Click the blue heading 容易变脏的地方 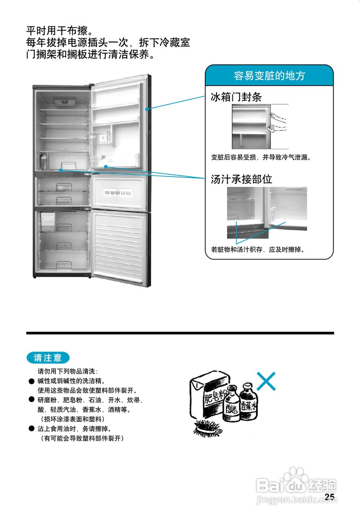coord(269,76)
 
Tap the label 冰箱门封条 coord(236,97)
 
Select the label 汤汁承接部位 coord(241,179)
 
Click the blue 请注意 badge coord(48,358)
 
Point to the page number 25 coord(330,497)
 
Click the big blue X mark coord(266,381)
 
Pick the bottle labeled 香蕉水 coord(248,405)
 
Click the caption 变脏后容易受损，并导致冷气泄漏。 coord(261,157)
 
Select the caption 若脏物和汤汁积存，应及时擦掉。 coord(258,249)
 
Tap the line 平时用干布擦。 coord(60,31)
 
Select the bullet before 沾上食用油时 coord(31,429)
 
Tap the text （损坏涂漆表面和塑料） coord(72,419)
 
